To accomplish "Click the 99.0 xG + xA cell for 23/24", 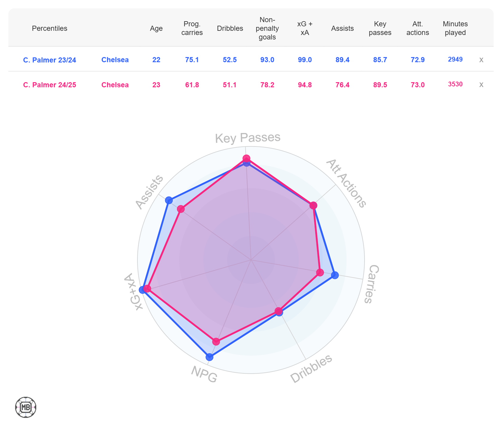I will [x=304, y=60].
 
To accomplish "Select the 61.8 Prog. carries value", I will [x=192, y=85].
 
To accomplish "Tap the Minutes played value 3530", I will [x=455, y=84].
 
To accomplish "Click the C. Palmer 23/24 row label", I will [x=50, y=60].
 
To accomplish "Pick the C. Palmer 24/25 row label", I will [x=50, y=85].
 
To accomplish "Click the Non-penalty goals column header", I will [x=267, y=28].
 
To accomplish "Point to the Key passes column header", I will [x=380, y=28].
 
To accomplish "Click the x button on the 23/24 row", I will [x=481, y=60].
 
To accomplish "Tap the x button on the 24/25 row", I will [x=481, y=85].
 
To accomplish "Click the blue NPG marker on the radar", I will [x=209, y=357].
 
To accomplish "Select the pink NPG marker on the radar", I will [x=216, y=341].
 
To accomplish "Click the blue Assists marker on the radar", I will [x=169, y=200].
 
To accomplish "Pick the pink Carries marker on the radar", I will [x=320, y=272].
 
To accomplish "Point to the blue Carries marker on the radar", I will [x=335, y=275].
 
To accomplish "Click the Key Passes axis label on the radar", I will [x=248, y=138].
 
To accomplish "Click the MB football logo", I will [x=26, y=407].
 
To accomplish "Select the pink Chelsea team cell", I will [x=115, y=85].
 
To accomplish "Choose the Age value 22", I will [x=156, y=60].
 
